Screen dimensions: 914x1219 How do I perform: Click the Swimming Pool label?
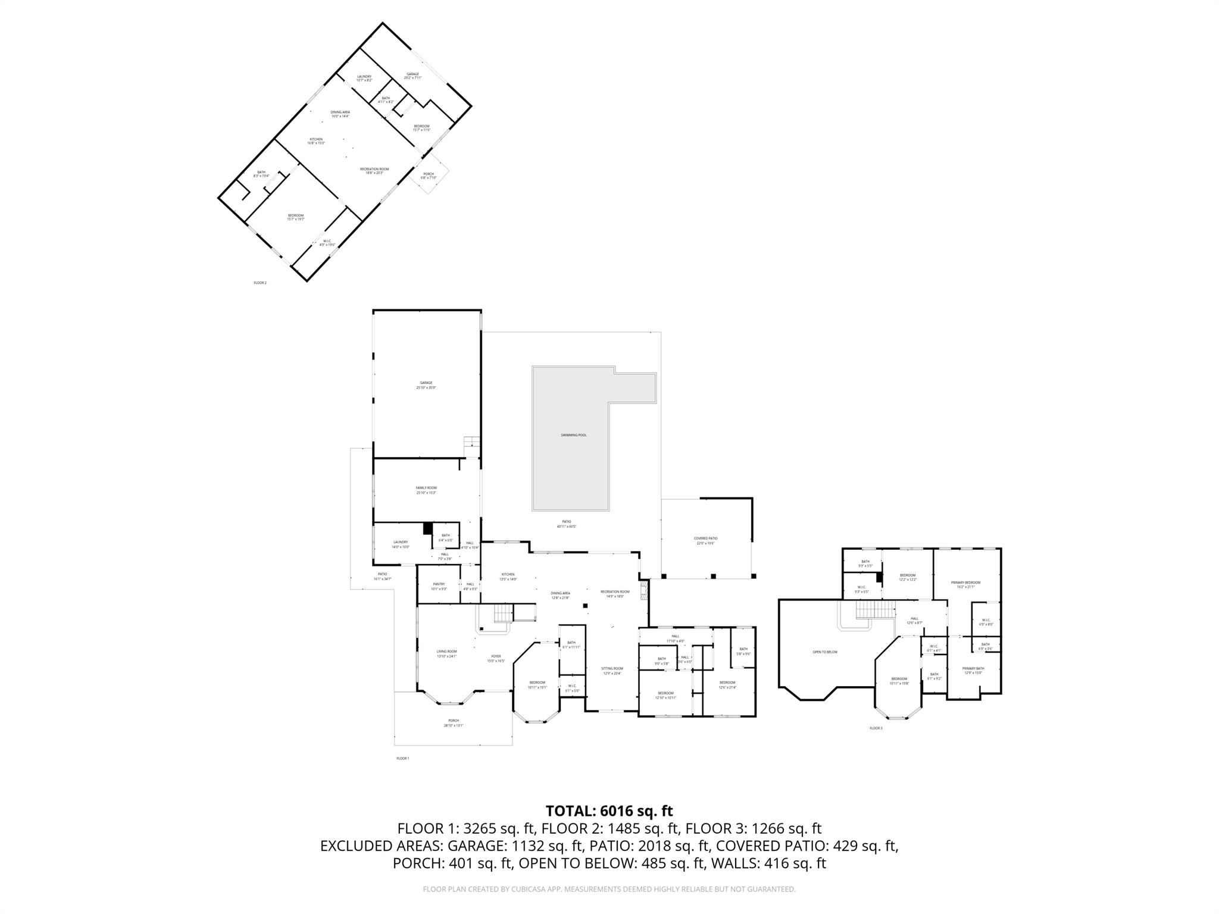pyautogui.click(x=573, y=435)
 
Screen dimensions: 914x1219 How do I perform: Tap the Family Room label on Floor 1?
pyautogui.click(x=426, y=490)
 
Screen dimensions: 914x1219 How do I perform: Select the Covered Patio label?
pyautogui.click(x=705, y=540)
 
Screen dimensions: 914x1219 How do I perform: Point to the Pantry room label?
pyautogui.click(x=439, y=586)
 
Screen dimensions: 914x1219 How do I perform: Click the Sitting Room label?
pyautogui.click(x=612, y=671)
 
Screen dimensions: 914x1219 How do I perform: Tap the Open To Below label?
pyautogui.click(x=825, y=652)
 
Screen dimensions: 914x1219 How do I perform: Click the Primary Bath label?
pyautogui.click(x=973, y=671)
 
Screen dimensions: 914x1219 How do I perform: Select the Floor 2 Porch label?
pyautogui.click(x=429, y=176)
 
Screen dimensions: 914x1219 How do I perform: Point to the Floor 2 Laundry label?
pyautogui.click(x=364, y=78)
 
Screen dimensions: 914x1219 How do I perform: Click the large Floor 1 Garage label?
pyautogui.click(x=426, y=385)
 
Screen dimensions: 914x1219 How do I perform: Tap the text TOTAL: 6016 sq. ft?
pyautogui.click(x=609, y=811)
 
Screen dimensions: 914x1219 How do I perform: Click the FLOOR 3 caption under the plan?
pyautogui.click(x=876, y=728)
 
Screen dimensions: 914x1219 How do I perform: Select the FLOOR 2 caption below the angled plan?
pyautogui.click(x=260, y=283)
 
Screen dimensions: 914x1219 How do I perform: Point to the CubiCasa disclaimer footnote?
pyautogui.click(x=609, y=889)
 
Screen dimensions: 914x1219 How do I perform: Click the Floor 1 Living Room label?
pyautogui.click(x=446, y=653)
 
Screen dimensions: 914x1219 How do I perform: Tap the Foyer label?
pyautogui.click(x=496, y=658)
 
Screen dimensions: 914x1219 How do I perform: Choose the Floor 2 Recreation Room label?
pyautogui.click(x=374, y=171)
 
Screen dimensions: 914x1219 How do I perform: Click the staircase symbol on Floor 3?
pyautogui.click(x=875, y=609)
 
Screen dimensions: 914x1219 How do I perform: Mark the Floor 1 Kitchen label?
pyautogui.click(x=508, y=577)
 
